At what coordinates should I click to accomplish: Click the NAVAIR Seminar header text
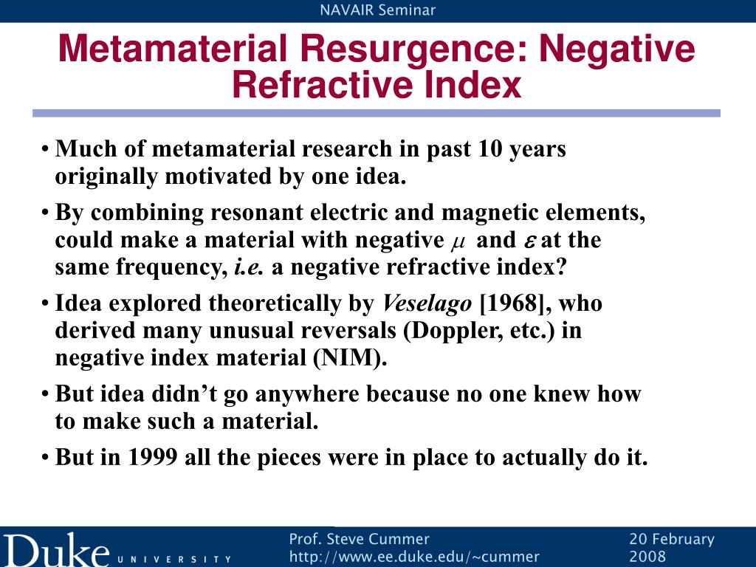(378, 10)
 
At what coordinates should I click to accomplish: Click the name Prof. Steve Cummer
(359, 539)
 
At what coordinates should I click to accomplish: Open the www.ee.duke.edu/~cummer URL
(414, 557)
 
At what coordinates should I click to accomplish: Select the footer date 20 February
(672, 539)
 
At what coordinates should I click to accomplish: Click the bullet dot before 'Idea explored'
(46, 304)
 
